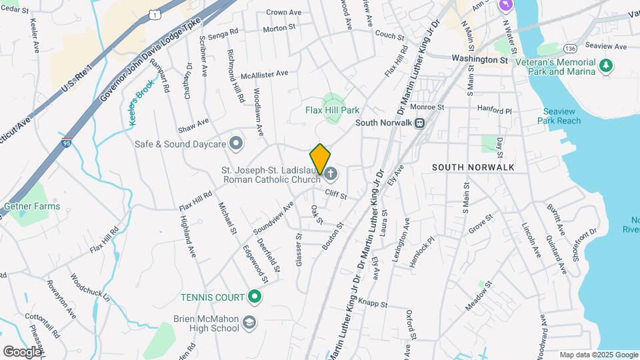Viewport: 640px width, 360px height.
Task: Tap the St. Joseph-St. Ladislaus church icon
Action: point(331,175)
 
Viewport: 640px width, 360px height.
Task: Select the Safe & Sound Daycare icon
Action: point(235,143)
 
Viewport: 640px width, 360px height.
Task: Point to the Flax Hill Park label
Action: point(332,110)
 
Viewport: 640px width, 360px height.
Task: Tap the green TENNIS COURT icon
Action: point(254,297)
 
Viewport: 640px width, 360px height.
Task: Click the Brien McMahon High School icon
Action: point(249,323)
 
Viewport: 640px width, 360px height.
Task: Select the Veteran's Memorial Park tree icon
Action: point(605,65)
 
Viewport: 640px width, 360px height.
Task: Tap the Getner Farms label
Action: point(32,206)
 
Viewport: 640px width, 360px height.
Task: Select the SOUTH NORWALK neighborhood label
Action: point(473,167)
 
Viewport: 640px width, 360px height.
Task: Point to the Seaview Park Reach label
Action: point(559,116)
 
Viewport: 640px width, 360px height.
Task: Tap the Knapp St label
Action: point(373,304)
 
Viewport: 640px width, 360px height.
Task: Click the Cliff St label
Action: point(336,195)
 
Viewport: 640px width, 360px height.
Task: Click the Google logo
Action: point(22,351)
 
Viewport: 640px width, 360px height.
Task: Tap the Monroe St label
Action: point(427,107)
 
